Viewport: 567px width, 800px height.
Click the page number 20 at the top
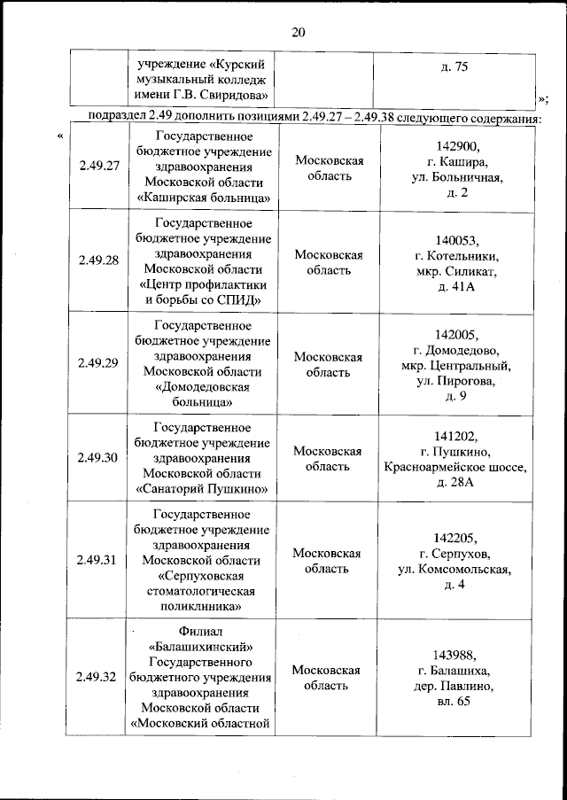[298, 33]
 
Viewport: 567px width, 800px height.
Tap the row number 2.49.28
[97, 261]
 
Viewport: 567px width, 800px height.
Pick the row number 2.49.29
[97, 363]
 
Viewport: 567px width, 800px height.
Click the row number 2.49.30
[97, 457]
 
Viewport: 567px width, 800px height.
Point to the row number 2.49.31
[97, 560]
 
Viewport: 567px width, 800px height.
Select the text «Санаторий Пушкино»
[203, 488]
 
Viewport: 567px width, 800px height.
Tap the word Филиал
[204, 633]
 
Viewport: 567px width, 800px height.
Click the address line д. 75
[454, 67]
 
